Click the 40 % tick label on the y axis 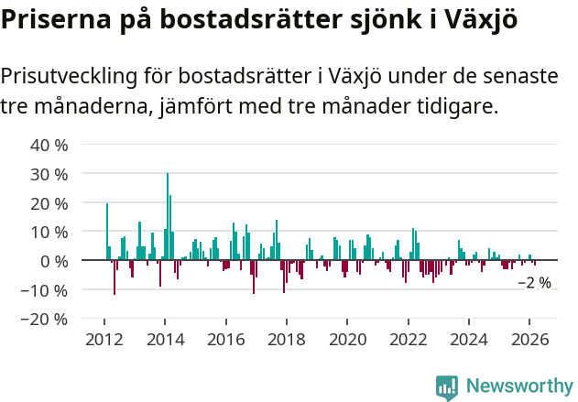[x=49, y=145]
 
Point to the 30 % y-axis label [x=49, y=174]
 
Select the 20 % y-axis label [x=49, y=203]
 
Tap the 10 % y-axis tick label [x=49, y=233]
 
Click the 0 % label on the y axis [x=54, y=261]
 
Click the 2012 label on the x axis [x=104, y=340]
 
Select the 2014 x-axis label [x=165, y=340]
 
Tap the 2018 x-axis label [x=287, y=340]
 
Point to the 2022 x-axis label [x=409, y=340]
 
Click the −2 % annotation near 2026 [x=535, y=283]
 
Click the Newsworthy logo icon [x=447, y=387]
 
